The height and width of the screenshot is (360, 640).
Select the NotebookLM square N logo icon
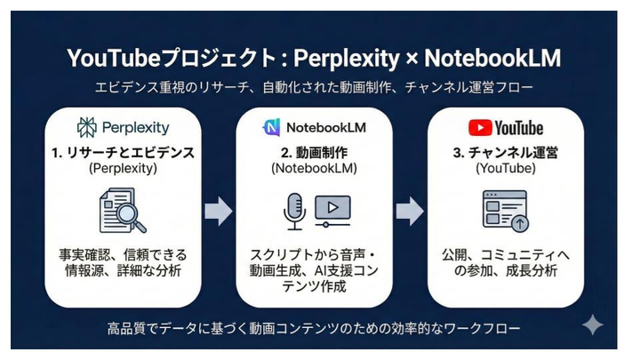tap(270, 127)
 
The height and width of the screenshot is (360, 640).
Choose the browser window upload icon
tap(505, 210)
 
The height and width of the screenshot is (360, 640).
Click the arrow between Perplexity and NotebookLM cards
tap(218, 211)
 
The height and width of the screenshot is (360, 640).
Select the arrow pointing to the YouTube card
tap(410, 211)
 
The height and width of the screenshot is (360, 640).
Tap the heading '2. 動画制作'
tap(313, 152)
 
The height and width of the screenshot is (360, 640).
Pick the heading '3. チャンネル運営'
tap(504, 152)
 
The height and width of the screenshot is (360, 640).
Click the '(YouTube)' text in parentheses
tap(504, 168)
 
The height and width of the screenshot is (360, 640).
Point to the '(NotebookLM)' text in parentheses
tap(313, 168)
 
